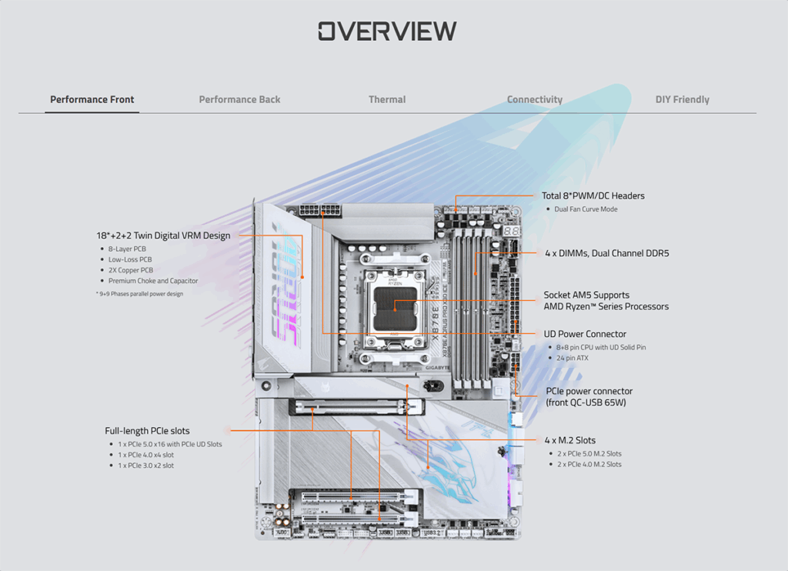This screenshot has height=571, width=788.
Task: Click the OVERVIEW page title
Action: [x=387, y=31]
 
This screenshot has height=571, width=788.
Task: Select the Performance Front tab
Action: [x=92, y=99]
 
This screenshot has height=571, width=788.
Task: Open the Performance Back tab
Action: [x=239, y=99]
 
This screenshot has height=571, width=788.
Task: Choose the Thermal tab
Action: [x=387, y=99]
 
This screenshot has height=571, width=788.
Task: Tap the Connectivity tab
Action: [x=534, y=99]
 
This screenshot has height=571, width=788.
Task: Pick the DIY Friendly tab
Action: [x=682, y=99]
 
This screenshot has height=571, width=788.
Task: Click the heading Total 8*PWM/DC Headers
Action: [x=593, y=195]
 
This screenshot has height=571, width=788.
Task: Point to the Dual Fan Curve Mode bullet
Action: [x=586, y=209]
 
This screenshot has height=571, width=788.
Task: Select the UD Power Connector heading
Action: [x=585, y=334]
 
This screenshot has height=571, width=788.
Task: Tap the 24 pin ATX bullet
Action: [x=572, y=358]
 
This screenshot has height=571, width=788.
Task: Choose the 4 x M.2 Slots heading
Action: [x=569, y=440]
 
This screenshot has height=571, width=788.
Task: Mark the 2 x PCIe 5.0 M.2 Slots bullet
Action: [x=589, y=453]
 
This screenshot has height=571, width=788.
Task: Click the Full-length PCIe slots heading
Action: [x=147, y=431]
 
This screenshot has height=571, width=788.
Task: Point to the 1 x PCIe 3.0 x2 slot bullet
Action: [x=145, y=466]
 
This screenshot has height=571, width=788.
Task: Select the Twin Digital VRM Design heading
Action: [x=163, y=235]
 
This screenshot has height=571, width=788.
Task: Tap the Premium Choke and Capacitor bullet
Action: [x=153, y=281]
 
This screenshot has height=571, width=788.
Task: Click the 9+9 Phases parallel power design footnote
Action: [x=140, y=294]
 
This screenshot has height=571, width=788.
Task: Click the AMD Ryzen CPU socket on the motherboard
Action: [x=393, y=305]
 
